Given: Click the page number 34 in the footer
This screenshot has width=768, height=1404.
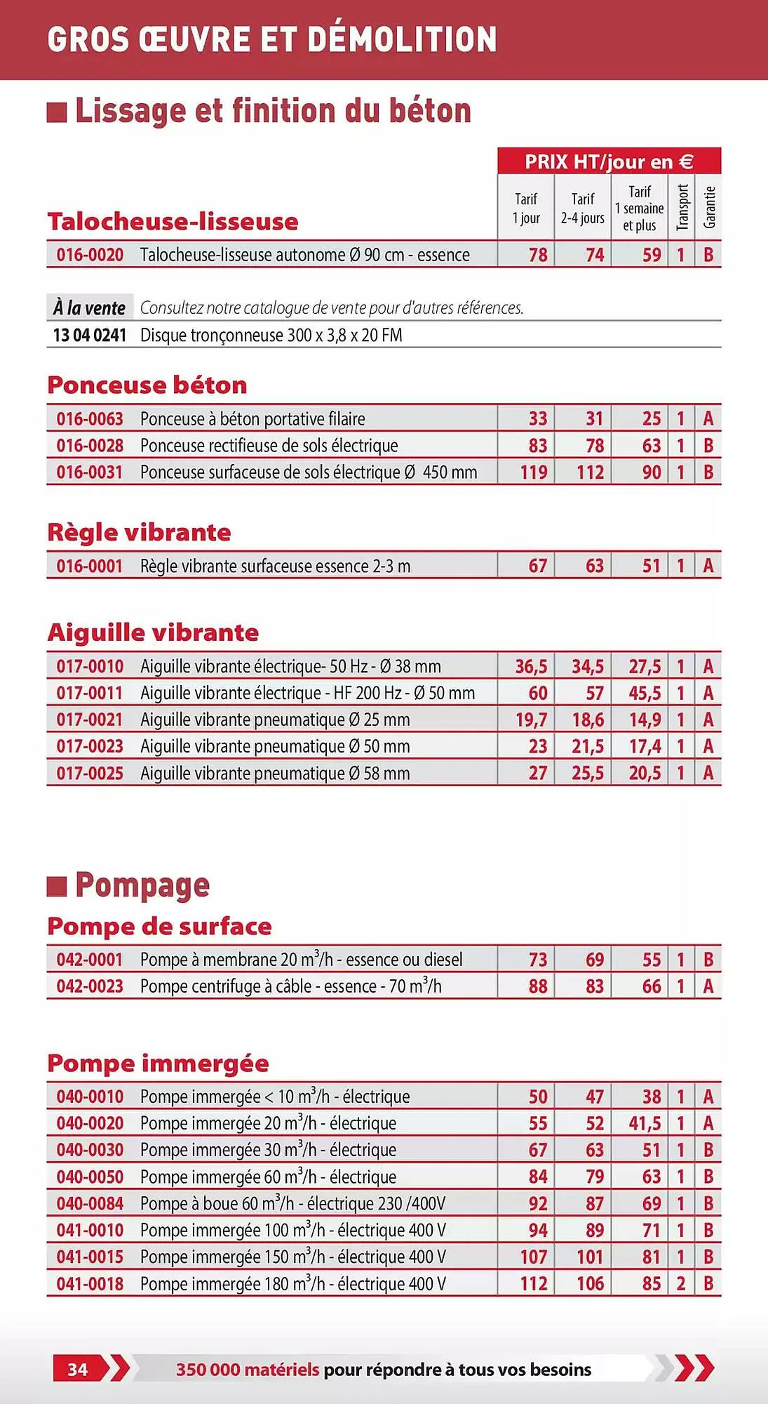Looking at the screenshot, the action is coord(78,1369).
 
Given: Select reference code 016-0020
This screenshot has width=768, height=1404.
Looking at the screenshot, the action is coord(90,255).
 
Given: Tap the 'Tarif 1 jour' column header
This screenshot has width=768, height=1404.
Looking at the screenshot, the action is coord(526,208).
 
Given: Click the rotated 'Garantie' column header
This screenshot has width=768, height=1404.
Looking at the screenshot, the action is coord(709,207).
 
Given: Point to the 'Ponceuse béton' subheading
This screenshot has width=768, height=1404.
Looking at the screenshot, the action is coord(147,385).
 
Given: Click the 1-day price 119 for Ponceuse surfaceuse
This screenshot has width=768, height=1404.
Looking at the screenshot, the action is coord(534,472).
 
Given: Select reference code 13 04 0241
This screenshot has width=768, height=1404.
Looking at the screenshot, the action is coord(90,335).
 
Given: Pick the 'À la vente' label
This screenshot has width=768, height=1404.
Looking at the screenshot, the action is coord(89,307).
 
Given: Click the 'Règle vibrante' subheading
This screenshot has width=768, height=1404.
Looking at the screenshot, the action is coord(139,532).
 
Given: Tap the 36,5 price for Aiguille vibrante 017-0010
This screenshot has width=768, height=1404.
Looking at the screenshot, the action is coord(531,666).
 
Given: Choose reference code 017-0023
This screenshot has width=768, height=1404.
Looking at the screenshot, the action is coord(90,746).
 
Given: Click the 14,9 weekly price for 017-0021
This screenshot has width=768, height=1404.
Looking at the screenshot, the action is coord(645,720).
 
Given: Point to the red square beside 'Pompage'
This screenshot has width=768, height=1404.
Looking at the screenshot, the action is coord(57,886).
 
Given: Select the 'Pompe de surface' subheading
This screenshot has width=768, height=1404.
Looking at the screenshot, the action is coord(159,927).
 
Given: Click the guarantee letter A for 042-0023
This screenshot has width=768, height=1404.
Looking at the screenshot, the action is coord(708,986).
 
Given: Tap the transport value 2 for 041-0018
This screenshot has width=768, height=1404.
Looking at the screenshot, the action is coord(680,1284).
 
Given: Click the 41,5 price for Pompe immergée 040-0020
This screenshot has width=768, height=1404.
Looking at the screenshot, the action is coord(645,1123).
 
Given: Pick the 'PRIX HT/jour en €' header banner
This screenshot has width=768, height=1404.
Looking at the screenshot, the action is coord(609,161).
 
